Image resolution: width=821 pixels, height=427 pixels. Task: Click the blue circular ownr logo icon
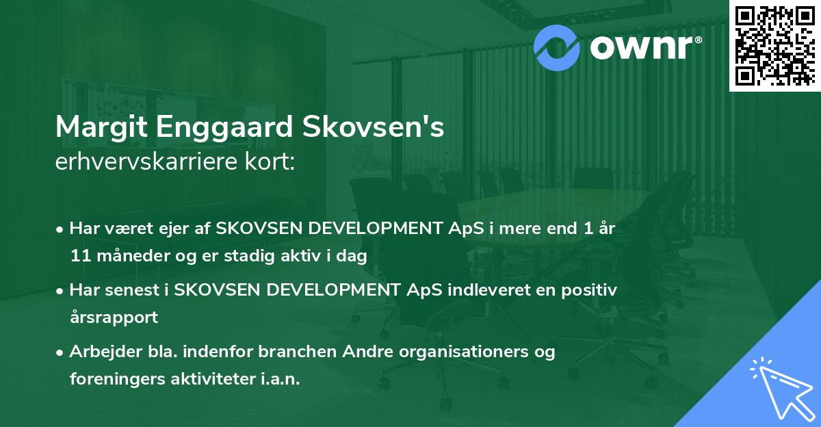[558, 47]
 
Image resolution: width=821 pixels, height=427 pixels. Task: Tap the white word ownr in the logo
[643, 47]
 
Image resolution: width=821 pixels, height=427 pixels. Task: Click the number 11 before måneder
[79, 257]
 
